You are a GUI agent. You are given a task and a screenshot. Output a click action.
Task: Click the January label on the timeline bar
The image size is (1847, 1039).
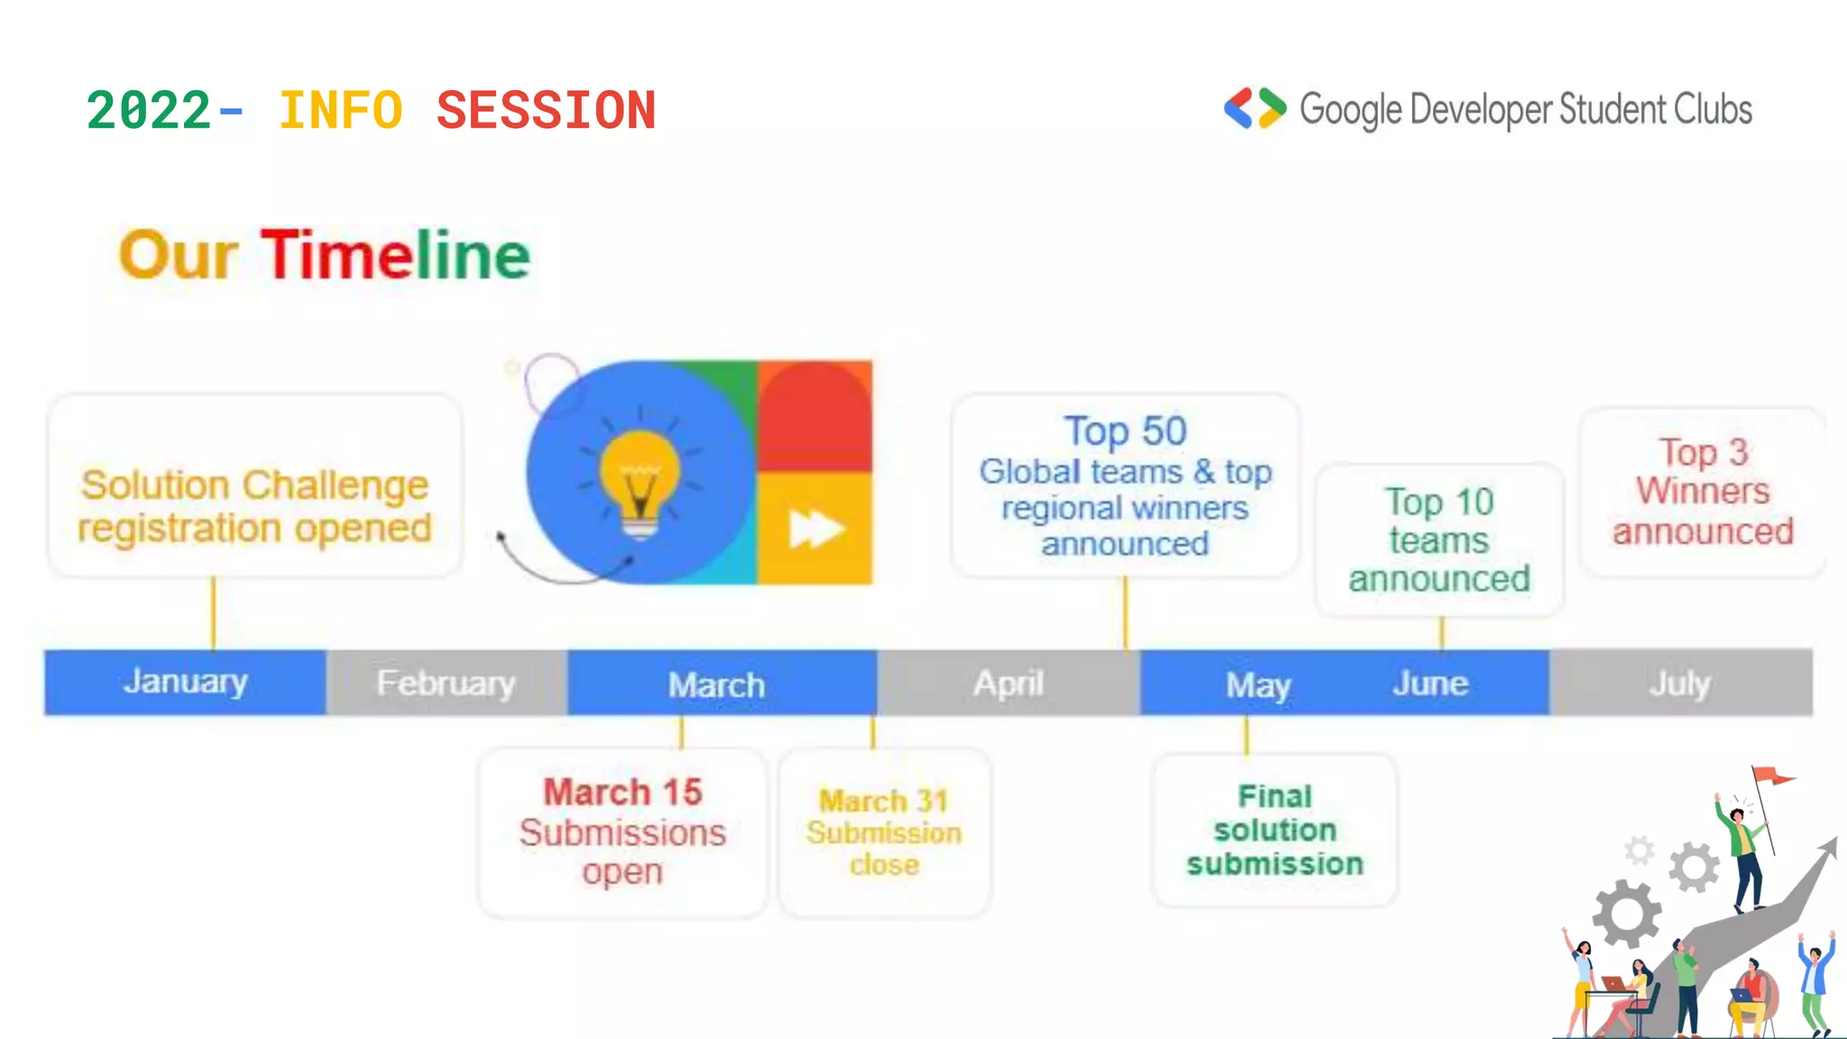click(186, 682)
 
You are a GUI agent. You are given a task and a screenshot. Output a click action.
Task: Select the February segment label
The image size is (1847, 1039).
click(446, 684)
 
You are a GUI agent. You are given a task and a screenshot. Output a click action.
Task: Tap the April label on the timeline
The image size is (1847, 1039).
click(1008, 684)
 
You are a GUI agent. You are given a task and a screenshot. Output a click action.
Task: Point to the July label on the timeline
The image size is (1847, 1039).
click(1679, 684)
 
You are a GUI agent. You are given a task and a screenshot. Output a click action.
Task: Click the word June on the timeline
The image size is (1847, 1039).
click(1430, 684)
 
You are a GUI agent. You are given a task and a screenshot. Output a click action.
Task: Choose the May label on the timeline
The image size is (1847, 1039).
click(1258, 685)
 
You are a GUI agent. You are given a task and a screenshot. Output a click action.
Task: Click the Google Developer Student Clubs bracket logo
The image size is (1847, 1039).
click(1254, 109)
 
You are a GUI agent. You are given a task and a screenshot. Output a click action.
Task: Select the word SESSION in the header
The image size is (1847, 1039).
click(546, 112)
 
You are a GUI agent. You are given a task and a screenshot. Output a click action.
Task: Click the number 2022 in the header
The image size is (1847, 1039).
click(149, 112)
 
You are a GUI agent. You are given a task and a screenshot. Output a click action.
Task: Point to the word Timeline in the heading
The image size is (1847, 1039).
click(396, 255)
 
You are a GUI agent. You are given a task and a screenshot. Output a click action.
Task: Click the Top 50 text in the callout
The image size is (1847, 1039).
click(1125, 431)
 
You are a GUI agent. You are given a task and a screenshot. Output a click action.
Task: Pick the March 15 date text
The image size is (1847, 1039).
click(622, 792)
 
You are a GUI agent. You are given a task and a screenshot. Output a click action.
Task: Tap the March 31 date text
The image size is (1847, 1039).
click(884, 800)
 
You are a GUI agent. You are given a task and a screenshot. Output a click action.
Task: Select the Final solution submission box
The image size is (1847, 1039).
click(1274, 830)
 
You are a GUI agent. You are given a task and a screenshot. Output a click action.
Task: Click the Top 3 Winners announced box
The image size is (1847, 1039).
click(1703, 492)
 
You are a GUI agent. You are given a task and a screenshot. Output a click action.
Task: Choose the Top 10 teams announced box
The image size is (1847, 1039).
click(1439, 540)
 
